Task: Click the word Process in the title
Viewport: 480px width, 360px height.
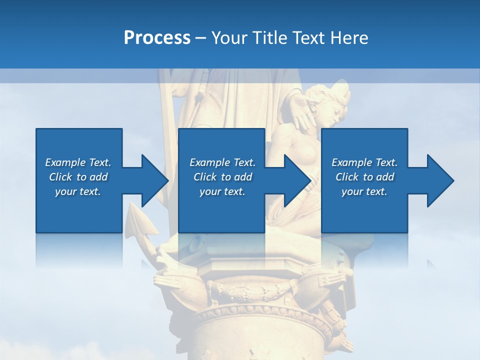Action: coord(157,38)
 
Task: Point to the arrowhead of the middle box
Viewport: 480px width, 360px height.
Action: coord(296,180)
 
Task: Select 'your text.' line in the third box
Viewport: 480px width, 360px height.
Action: coord(364,191)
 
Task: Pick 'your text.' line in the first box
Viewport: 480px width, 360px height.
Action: coord(78,191)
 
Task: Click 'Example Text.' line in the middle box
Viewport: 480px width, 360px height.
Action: coord(222,162)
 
